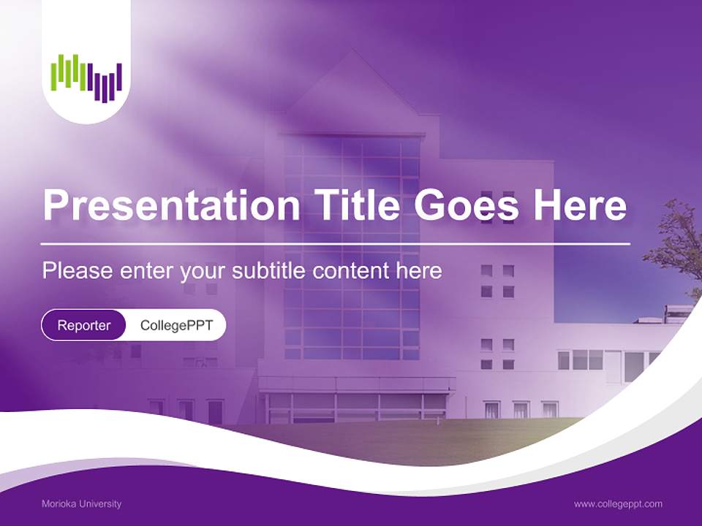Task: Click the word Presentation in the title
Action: tap(171, 205)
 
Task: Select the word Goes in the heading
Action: tap(466, 205)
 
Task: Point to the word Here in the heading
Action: tap(580, 205)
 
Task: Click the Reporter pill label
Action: tap(83, 325)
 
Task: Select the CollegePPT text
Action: tap(176, 325)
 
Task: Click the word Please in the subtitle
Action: tap(78, 270)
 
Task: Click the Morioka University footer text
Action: tap(81, 503)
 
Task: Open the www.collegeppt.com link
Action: tap(618, 504)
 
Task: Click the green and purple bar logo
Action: tap(86, 78)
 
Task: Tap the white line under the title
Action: tap(336, 244)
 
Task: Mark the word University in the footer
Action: tap(99, 503)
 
